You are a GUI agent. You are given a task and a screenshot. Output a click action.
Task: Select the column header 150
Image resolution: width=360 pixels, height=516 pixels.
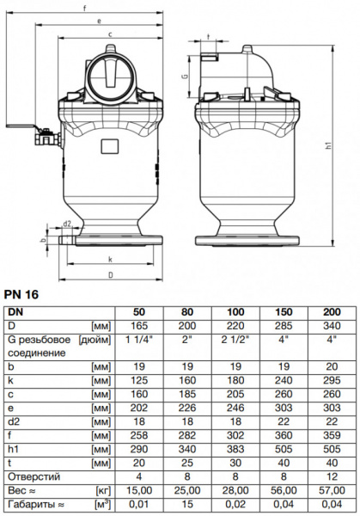[288, 312]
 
